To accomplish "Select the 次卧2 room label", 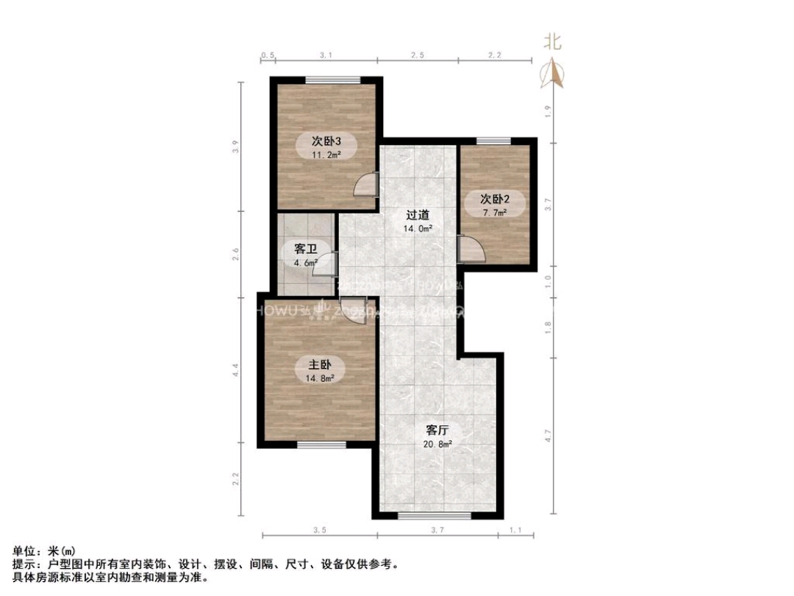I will coord(495,199).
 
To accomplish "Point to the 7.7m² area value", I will coord(495,213).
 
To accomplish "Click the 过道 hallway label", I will coord(418,216).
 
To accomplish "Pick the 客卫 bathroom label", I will coord(306,249).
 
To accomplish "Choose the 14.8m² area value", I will coord(320,378).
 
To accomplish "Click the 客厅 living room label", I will coord(437,430).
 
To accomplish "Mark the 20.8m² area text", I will coord(437,444).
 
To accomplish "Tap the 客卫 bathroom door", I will coord(326,265).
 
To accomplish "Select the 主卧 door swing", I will coord(352,307).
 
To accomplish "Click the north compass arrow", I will coord(552,72).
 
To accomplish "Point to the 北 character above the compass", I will coord(552,41).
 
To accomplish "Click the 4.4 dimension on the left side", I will coord(236,370).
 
